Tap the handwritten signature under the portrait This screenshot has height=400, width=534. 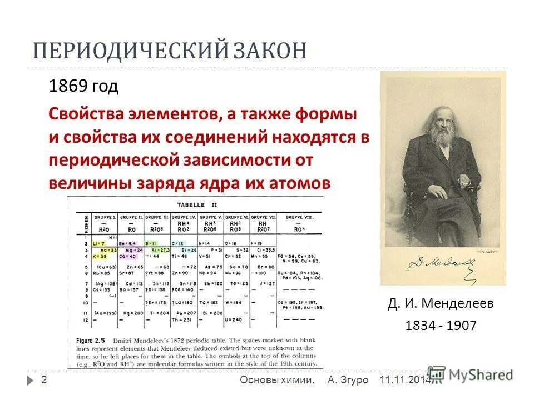439,261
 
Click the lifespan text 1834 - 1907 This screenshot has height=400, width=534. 441,326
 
